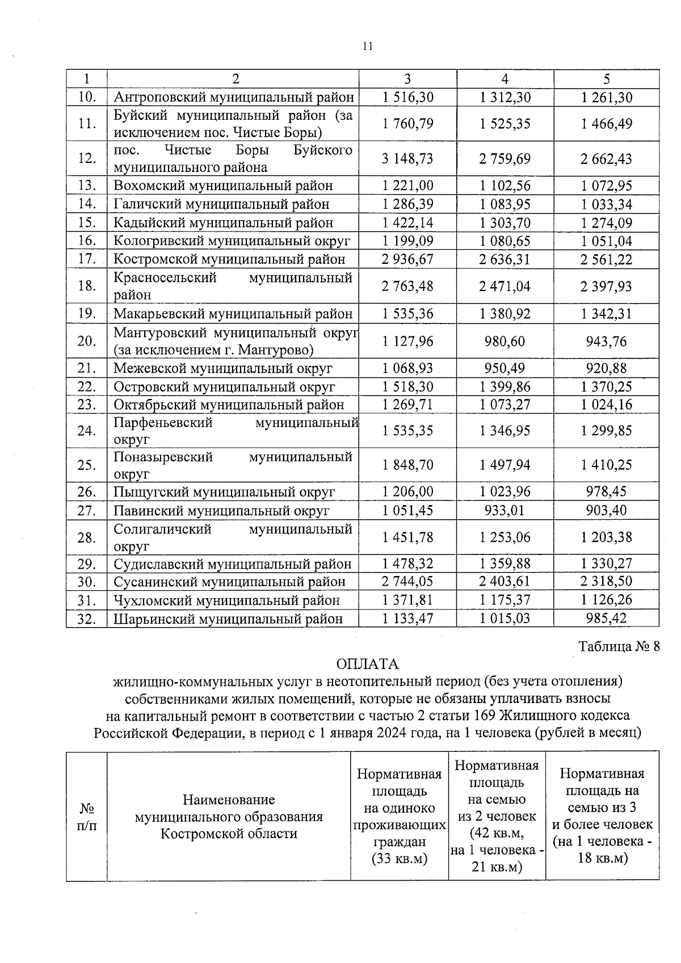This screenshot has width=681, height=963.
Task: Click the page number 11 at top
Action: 368,47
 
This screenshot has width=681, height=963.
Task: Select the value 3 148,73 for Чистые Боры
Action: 407,159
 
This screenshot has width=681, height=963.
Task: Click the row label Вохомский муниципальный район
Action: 223,186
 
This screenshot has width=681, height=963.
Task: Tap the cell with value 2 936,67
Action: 407,259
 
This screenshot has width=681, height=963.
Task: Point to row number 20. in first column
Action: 86,341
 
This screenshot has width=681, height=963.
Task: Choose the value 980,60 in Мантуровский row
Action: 505,341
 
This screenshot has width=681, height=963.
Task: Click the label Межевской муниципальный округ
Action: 223,369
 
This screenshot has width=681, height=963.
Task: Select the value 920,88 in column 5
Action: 606,369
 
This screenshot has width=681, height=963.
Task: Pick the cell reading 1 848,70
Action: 407,465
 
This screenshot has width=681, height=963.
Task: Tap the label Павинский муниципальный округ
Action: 221,511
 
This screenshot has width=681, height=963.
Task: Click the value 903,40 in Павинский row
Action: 606,511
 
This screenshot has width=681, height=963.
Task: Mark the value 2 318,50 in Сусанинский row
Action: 606,582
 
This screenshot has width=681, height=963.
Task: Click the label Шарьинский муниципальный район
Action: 228,619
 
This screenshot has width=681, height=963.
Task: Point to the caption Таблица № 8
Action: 619,646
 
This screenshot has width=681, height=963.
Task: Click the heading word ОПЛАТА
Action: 367,664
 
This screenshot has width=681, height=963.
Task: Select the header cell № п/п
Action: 86,816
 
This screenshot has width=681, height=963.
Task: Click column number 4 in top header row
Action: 505,79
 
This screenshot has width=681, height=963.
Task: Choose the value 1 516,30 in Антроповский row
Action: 407,98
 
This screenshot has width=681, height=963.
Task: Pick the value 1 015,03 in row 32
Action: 505,619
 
